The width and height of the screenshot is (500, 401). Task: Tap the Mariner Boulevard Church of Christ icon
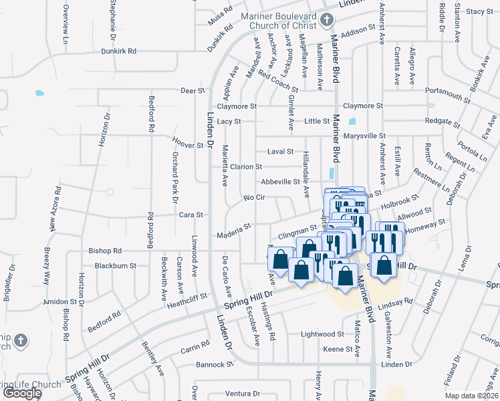(327, 20)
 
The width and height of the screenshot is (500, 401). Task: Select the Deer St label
(192, 90)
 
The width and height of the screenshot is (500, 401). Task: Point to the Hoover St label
(187, 145)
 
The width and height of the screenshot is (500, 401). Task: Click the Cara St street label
(191, 215)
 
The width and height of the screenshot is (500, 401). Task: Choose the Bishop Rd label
(105, 251)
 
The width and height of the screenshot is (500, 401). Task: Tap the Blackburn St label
(115, 265)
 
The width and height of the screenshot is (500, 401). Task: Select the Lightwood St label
(322, 333)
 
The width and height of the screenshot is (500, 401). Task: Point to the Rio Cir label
(255, 198)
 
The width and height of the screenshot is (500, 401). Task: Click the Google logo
(21, 394)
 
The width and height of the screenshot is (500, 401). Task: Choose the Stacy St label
(479, 11)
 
